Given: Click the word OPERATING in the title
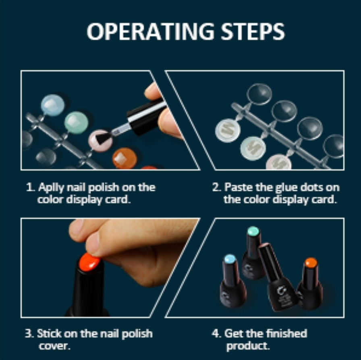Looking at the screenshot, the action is (150, 31).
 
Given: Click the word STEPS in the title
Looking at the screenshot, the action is (253, 31).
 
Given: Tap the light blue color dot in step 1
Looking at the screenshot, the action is (53, 105).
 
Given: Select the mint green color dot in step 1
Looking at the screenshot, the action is (76, 123).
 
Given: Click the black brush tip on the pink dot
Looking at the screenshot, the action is (103, 138).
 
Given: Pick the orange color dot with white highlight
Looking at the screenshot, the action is (124, 158).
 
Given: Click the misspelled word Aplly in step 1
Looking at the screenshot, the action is (51, 188).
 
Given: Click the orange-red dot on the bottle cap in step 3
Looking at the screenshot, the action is (89, 262).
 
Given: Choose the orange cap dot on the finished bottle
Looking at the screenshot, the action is (311, 263).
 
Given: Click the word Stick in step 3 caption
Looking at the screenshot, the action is (49, 333).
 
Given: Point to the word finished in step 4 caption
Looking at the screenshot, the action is (286, 333).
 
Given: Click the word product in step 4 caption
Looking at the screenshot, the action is (247, 346).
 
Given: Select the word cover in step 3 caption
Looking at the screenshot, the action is (54, 346).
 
